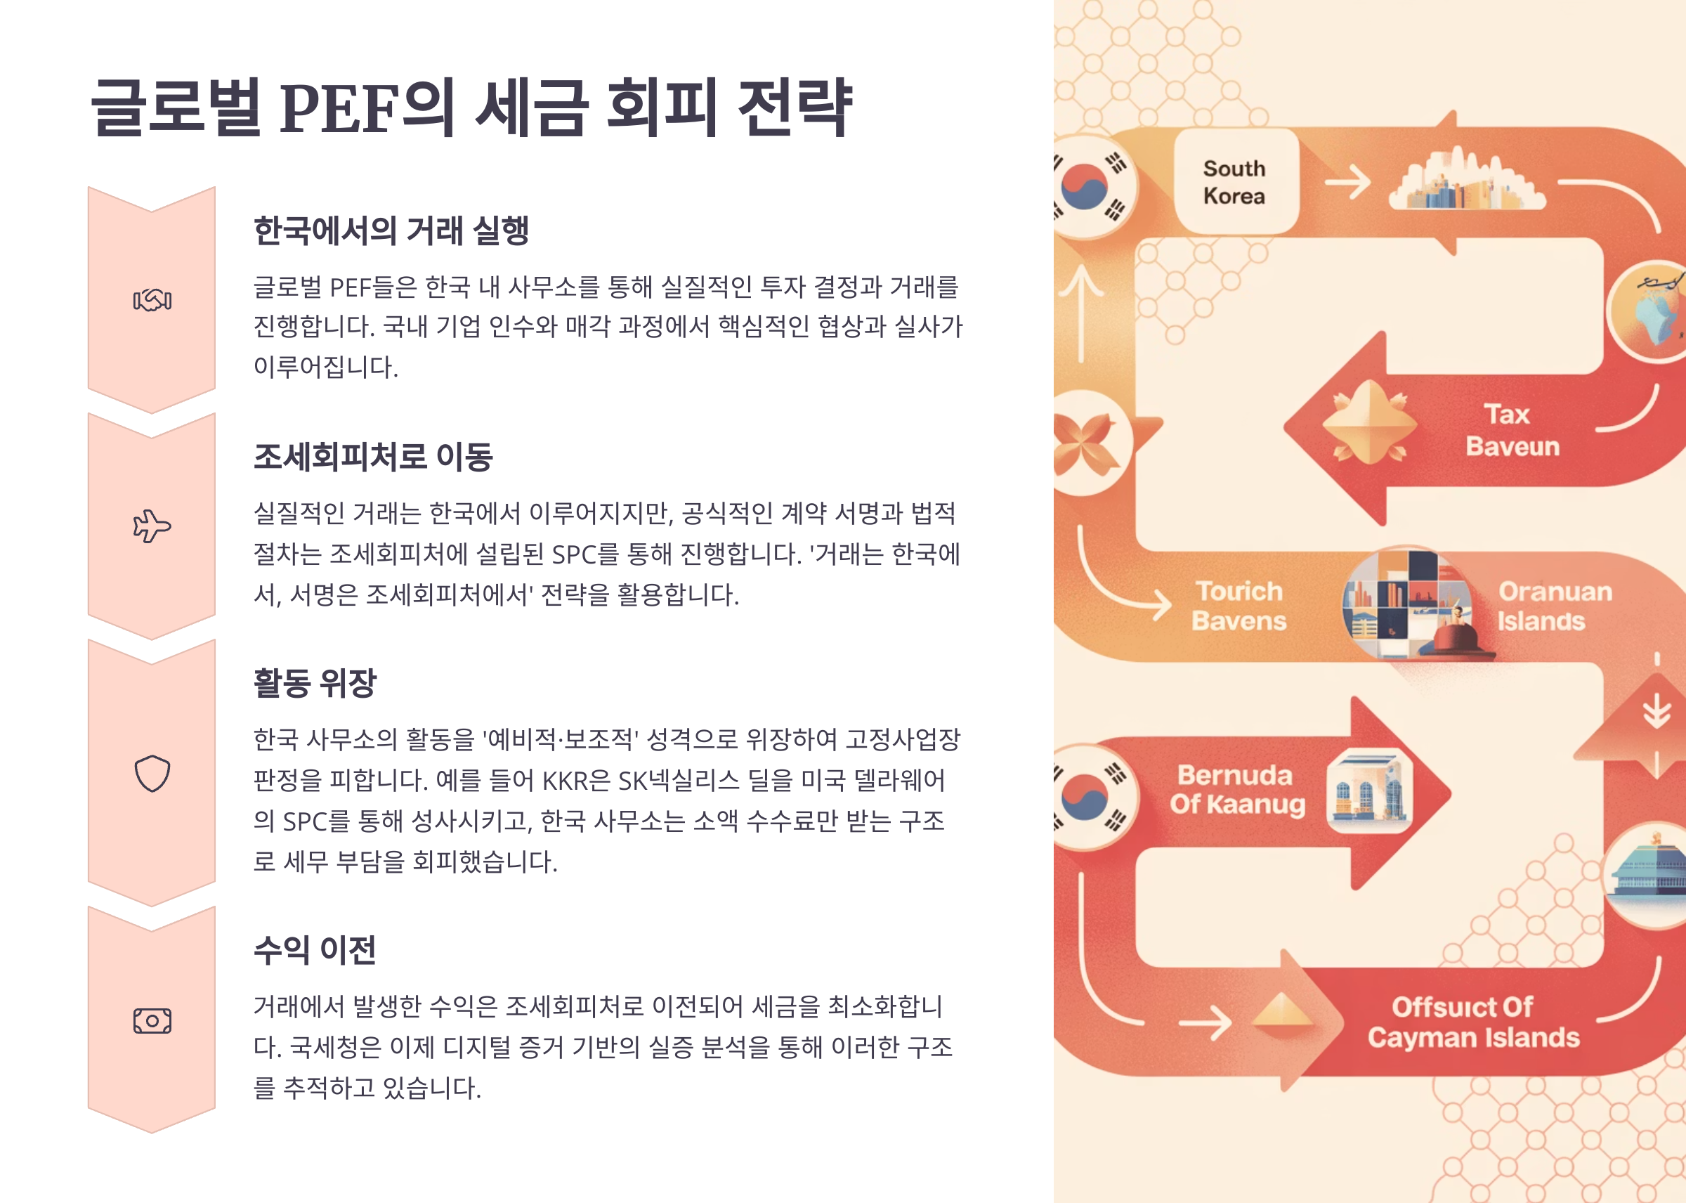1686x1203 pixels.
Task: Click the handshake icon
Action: point(152,300)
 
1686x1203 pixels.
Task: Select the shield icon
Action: point(152,774)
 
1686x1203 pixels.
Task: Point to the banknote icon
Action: point(152,1021)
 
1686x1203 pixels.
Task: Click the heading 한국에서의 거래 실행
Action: point(391,230)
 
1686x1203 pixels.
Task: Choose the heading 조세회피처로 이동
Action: point(373,456)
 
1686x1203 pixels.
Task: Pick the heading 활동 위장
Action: point(315,682)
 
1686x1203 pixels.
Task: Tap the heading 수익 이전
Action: point(315,949)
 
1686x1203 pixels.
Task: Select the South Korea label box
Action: point(1235,182)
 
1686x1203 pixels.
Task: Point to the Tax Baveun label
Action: point(1511,430)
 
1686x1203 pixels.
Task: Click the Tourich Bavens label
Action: point(1239,606)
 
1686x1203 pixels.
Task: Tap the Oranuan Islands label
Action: point(1553,606)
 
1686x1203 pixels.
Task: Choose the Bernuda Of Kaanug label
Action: point(1236,790)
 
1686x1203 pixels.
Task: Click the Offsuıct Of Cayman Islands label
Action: point(1472,1022)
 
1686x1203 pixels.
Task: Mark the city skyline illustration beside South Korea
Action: point(1466,182)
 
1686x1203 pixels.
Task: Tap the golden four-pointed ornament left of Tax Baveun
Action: point(1370,423)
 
